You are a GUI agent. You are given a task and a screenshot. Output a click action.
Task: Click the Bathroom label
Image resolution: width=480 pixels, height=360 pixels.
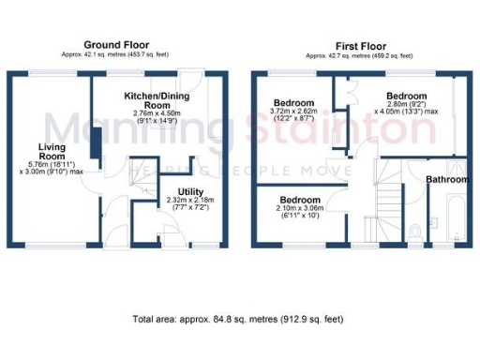click(447, 179)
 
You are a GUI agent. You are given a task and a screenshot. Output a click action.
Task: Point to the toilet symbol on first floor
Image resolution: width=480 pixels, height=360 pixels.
click(414, 230)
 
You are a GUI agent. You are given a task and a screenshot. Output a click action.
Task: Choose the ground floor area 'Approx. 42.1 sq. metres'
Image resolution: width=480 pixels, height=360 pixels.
click(117, 55)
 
